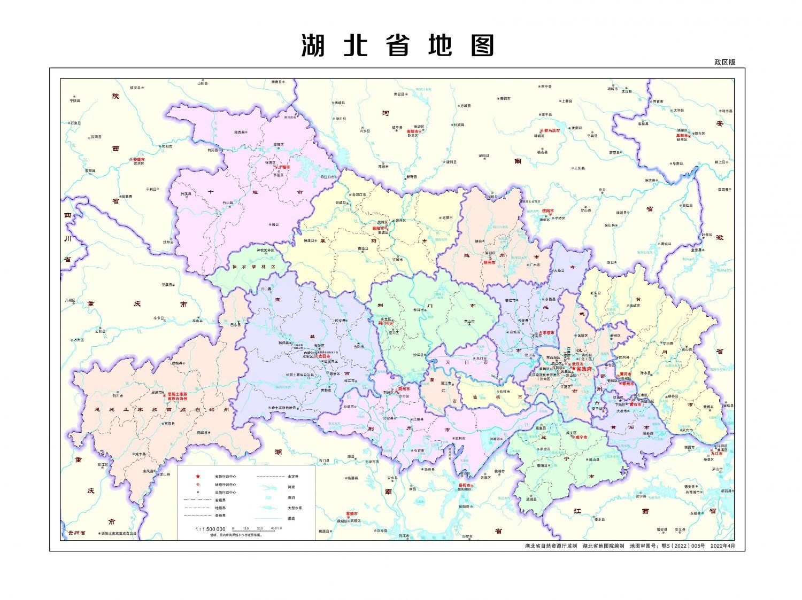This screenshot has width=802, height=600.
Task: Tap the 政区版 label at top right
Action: [x=725, y=62]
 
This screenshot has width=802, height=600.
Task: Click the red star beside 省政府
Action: [x=574, y=369]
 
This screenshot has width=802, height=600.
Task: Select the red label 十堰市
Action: [x=282, y=167]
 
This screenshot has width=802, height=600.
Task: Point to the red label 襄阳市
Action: [x=379, y=228]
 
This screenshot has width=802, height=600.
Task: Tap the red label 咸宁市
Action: [x=581, y=437]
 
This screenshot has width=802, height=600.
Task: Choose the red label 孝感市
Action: [x=547, y=333]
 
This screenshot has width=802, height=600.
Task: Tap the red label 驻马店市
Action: [x=551, y=130]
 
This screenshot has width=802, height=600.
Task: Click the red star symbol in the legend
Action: [x=198, y=476]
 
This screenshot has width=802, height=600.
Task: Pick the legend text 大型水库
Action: [x=295, y=508]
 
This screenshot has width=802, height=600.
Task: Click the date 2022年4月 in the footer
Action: [x=723, y=546]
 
